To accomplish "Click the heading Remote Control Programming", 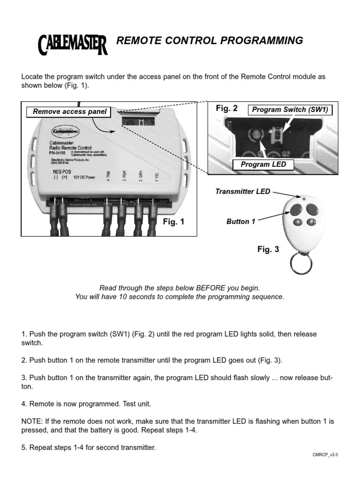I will pos(210,41).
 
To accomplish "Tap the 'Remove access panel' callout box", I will pos(70,112).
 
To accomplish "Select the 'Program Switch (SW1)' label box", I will pos(290,110).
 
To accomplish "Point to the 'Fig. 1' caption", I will pos(173,222).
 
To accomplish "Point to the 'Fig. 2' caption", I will pos(227,108).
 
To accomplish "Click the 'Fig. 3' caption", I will pos(268,249).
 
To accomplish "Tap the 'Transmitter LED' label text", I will pos(242,191).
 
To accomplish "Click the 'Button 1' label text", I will pos(241,221).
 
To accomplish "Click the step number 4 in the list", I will pos(23,403).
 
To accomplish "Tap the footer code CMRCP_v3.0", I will pos(325,455).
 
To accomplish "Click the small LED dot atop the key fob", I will pos(304,199).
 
